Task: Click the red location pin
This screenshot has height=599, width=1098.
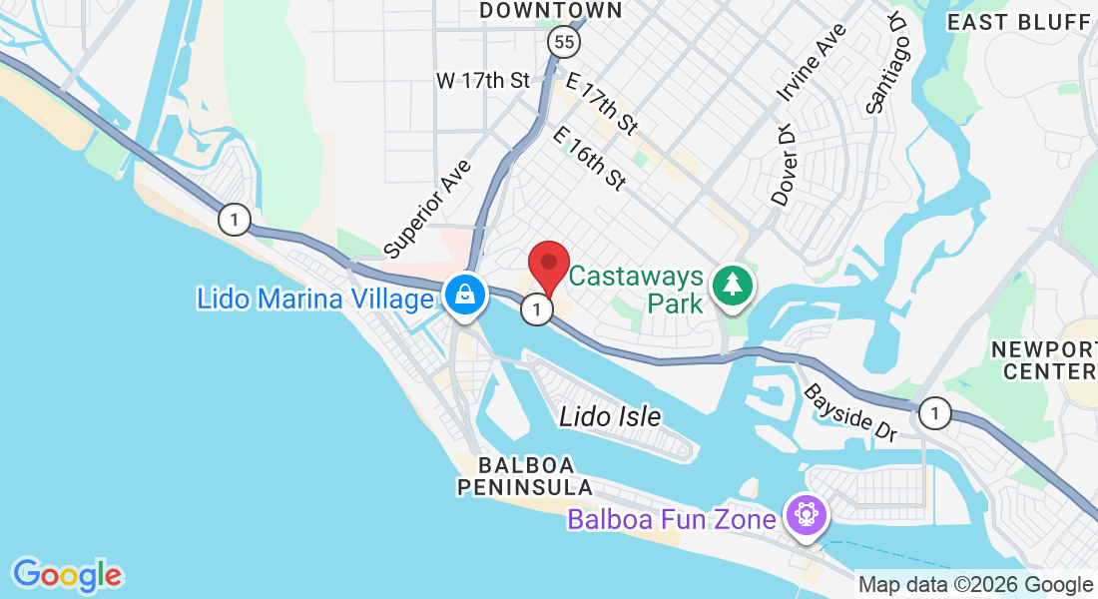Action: pos(548,265)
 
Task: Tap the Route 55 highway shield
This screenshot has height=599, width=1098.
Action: pos(562,41)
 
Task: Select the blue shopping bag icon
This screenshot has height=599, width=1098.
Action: pos(464,295)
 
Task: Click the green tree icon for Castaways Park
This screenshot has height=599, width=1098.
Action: pos(734,286)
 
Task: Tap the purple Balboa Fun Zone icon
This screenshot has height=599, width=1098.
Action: pos(806,515)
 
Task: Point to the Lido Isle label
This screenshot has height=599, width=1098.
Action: pos(610,416)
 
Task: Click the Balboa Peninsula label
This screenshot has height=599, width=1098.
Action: pos(525,476)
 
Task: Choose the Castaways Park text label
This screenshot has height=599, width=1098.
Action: pos(637,289)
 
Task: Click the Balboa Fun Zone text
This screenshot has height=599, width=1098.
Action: pos(672,520)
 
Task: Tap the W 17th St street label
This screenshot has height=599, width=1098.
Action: pos(483,81)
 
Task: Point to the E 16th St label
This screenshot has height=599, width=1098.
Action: pos(589,159)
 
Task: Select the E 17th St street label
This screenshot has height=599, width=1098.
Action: pos(601,104)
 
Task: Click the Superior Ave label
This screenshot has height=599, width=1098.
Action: pos(428,206)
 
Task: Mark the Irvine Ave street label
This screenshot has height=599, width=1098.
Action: pos(812,63)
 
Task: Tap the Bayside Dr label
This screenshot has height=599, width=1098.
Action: pos(851,411)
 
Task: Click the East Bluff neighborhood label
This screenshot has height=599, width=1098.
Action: pos(1019,22)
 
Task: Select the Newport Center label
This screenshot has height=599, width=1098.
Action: pos(1044,360)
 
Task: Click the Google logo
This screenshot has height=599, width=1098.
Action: pos(68,575)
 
